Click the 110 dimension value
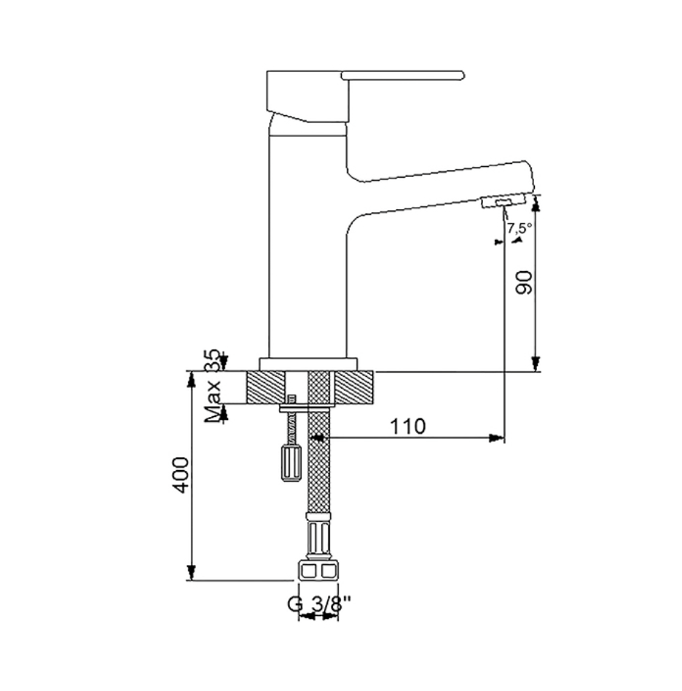coord(408,426)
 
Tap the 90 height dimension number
coord(525,283)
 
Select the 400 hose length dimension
coord(180,475)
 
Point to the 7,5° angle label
coord(520,228)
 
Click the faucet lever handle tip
coord(462,75)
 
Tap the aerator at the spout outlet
coord(503,202)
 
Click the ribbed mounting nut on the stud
coord(291,463)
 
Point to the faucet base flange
coord(308,364)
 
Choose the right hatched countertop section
coord(355,387)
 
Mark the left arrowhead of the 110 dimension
coord(317,437)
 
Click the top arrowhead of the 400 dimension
coord(191,379)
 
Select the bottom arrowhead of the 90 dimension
coord(536,364)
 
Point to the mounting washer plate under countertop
coord(305,408)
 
